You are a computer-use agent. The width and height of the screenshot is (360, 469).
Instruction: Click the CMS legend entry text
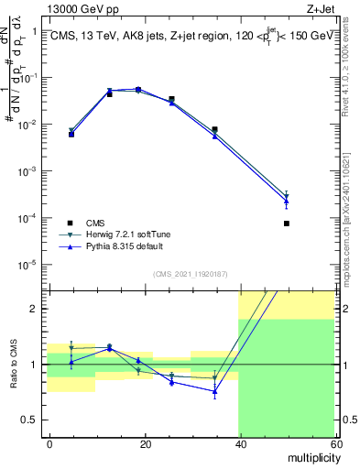tap(96, 224)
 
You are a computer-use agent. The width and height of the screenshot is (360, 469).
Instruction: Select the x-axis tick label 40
tap(240, 443)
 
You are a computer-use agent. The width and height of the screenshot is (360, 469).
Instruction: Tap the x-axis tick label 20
tap(145, 443)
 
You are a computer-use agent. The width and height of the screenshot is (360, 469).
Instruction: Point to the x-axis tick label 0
tap(49, 443)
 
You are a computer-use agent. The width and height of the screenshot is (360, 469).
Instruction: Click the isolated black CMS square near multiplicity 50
tap(287, 224)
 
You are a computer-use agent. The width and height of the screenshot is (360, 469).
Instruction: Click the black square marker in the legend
tap(71, 224)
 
